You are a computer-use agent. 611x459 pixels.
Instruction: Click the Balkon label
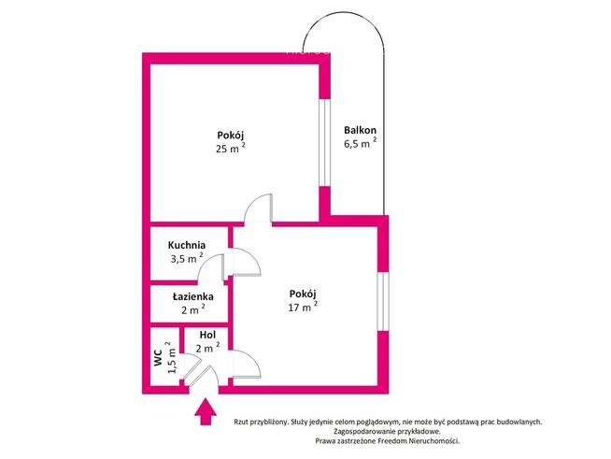pos(360,130)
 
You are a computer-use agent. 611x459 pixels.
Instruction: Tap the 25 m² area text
pos(231,148)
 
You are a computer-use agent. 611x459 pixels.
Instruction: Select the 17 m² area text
pos(303,306)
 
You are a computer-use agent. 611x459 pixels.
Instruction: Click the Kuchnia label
pos(187,245)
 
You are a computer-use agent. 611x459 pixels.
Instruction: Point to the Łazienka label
pos(192,296)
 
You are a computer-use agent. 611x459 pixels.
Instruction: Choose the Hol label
pos(207,335)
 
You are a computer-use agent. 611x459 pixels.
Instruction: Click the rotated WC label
pos(158,358)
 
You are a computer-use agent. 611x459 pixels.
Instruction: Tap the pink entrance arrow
pos(206,411)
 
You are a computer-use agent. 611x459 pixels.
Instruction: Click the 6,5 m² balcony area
pos(360,143)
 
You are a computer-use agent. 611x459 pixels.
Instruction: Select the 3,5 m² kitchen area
pos(187,258)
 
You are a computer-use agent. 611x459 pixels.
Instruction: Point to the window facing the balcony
pos(324,144)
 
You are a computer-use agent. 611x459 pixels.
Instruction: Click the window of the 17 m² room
pos(383,301)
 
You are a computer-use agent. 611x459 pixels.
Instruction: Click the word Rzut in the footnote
pos(240,422)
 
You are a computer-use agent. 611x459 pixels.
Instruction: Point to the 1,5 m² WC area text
pos(172,358)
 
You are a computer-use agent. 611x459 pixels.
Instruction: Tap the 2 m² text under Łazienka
pos(192,309)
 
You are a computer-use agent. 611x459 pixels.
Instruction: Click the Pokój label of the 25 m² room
pos(231,136)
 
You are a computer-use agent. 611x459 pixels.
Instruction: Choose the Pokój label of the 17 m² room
pos(303,294)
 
